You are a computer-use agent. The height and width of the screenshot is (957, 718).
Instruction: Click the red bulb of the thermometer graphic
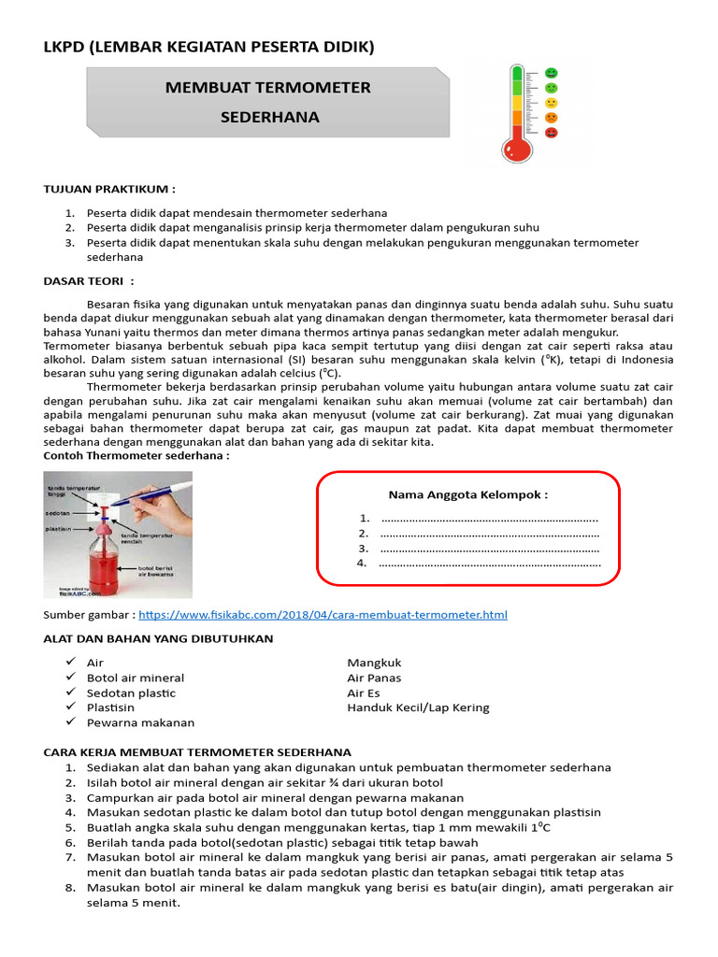(516, 147)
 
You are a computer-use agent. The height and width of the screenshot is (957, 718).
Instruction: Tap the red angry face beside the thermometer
(552, 134)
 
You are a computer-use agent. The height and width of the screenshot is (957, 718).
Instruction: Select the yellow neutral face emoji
(552, 103)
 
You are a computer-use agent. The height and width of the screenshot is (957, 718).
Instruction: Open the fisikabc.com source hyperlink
(323, 615)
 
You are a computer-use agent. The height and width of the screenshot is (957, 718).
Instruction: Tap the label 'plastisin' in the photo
(59, 528)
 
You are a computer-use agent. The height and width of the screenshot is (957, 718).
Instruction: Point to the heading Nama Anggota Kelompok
(467, 494)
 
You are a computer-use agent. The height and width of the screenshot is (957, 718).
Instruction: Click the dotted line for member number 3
(490, 549)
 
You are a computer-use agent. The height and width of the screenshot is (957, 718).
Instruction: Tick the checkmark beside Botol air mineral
(71, 678)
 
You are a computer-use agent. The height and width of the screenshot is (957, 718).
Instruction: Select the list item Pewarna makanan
(140, 722)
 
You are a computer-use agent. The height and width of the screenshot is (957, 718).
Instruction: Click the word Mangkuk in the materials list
(374, 663)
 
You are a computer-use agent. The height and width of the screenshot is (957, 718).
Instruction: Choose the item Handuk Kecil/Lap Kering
(418, 707)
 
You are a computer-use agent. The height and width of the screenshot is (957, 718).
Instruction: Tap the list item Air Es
(364, 693)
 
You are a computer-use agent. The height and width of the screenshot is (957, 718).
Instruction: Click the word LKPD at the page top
(64, 47)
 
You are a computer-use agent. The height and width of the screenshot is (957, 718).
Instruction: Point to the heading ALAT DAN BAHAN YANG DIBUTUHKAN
(158, 638)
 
